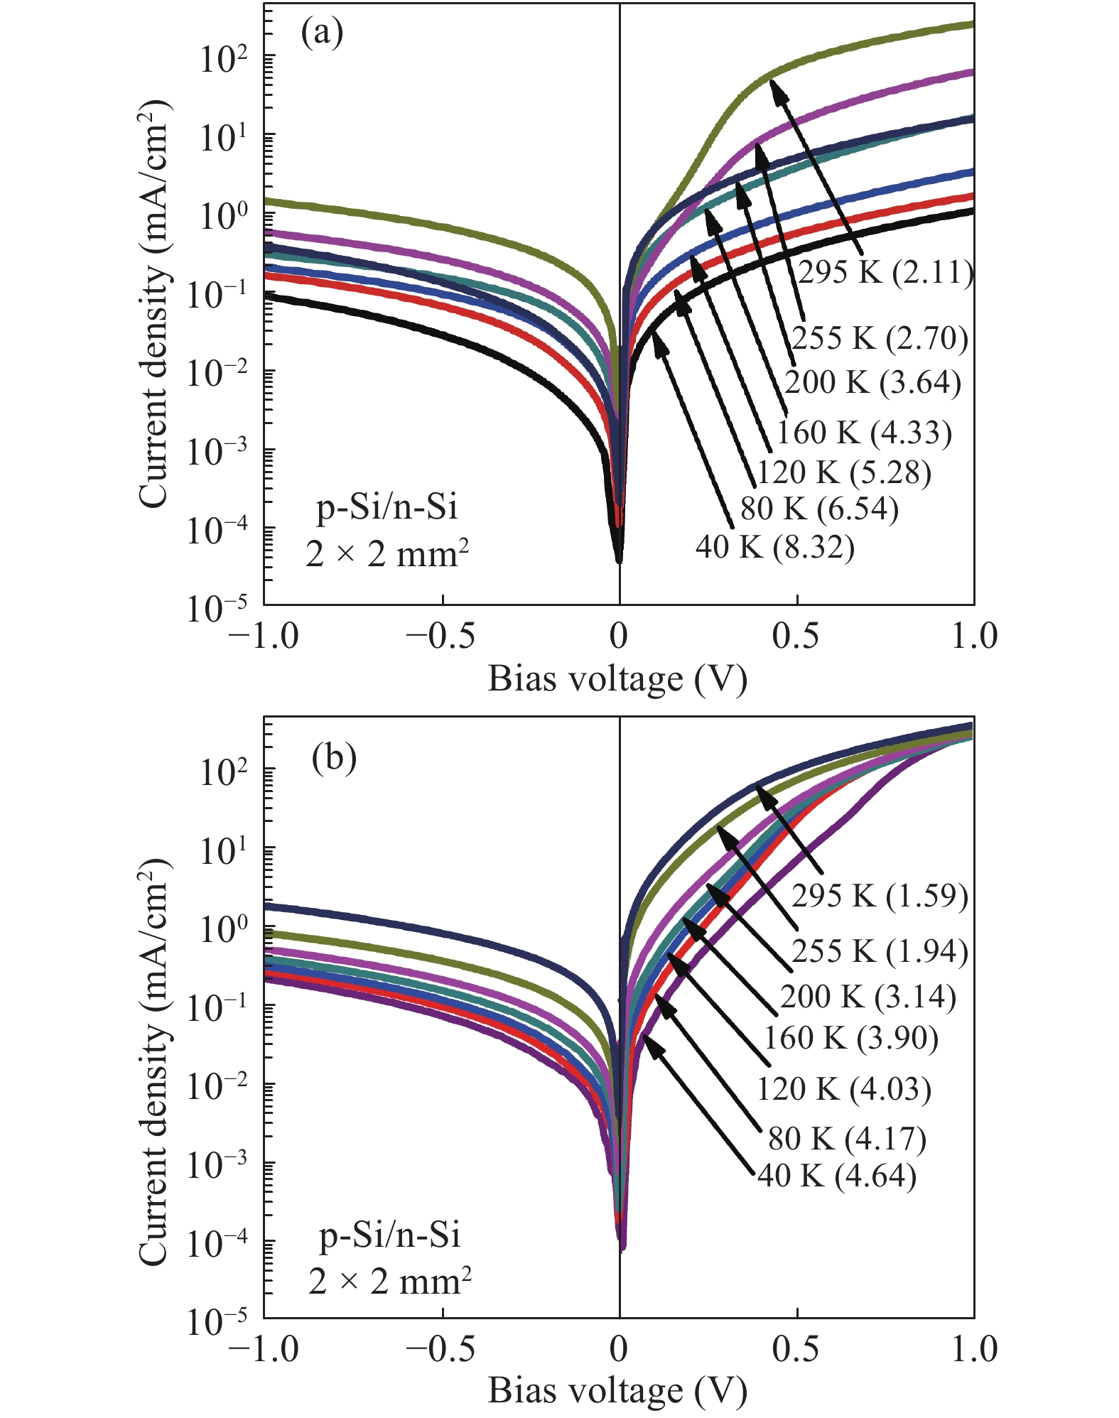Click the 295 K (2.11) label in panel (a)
coord(885,272)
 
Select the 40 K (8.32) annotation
coord(774,547)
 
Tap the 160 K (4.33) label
coord(864,433)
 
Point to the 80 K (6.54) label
coord(819,509)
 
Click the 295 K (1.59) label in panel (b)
coord(880,896)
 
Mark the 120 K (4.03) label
coord(843,1089)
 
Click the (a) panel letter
coord(322,33)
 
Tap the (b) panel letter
coord(334,758)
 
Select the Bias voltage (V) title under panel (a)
coord(617,678)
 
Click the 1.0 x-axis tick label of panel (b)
coord(974,1348)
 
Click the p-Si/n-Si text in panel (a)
coord(386,507)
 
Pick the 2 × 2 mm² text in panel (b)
coord(390,1281)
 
